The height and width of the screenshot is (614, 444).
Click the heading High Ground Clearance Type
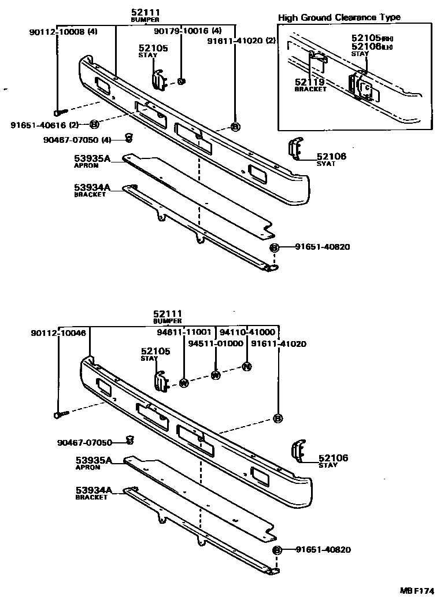tap(339, 17)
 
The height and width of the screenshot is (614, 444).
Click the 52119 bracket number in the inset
tap(310, 82)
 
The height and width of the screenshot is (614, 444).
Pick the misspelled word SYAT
tap(326, 164)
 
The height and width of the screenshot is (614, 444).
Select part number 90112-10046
tap(58, 333)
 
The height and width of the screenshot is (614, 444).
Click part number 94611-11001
tap(184, 333)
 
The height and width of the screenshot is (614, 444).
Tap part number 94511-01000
tap(216, 343)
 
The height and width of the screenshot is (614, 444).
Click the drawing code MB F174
tap(416, 591)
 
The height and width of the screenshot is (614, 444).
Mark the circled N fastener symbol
tap(246, 367)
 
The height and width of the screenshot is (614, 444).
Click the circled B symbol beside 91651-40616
tap(94, 124)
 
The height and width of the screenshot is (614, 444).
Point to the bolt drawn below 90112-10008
tap(60, 112)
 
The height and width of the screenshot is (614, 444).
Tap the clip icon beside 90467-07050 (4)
tap(129, 138)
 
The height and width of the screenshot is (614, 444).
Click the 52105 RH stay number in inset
tap(370, 38)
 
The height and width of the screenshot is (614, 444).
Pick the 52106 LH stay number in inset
tap(370, 46)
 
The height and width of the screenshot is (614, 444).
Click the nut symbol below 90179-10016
tap(180, 82)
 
